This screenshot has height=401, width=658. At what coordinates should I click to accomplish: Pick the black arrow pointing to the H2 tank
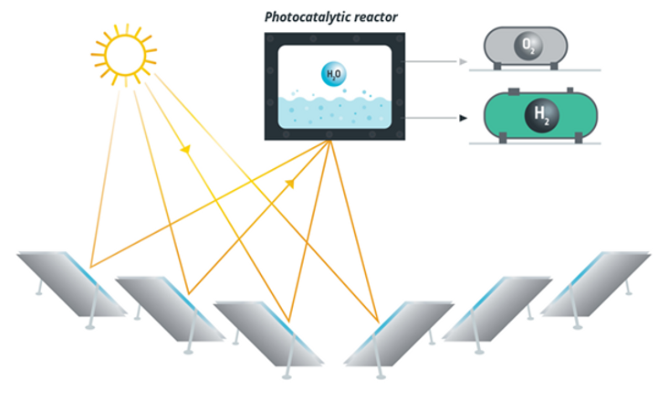pyautogui.click(x=435, y=118)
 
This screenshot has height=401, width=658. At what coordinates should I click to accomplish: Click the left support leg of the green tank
pyautogui.click(x=503, y=138)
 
